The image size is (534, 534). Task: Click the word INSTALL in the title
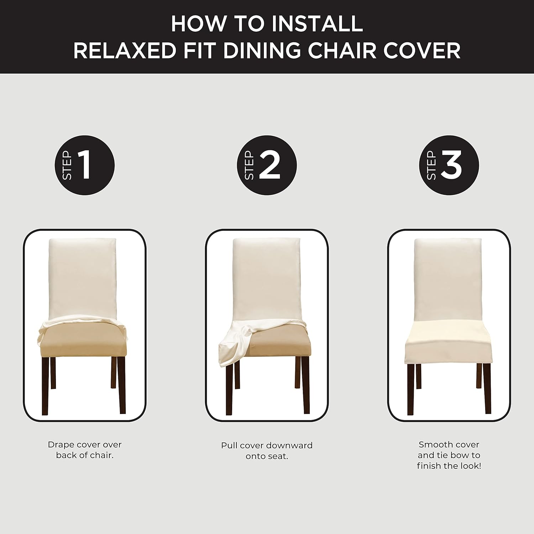pos(317,24)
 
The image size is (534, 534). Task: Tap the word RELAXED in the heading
pos(125,50)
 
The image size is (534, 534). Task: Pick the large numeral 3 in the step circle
pos(451,164)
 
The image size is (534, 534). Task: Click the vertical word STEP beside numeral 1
pos(67,165)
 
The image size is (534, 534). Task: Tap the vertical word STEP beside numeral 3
pos(431,165)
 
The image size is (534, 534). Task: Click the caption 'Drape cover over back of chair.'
pos(85,450)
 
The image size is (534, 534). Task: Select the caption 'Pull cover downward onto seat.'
pos(267,450)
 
